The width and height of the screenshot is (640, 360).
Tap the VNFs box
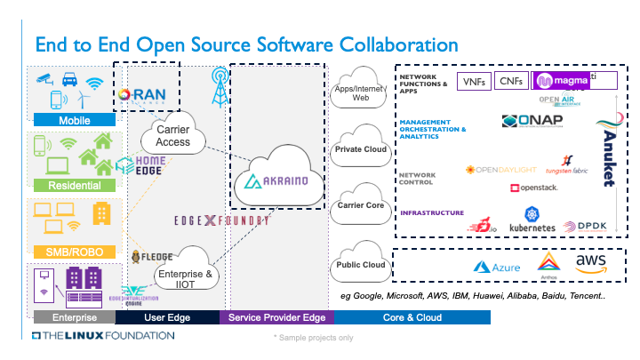pos(472,82)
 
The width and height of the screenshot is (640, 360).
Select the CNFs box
pos(510,82)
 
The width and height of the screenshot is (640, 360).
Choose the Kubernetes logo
pos(532,220)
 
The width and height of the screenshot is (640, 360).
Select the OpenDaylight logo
pos(502,169)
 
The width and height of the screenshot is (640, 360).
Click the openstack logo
pos(533,188)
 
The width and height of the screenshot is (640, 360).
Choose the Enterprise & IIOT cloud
pos(187,276)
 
